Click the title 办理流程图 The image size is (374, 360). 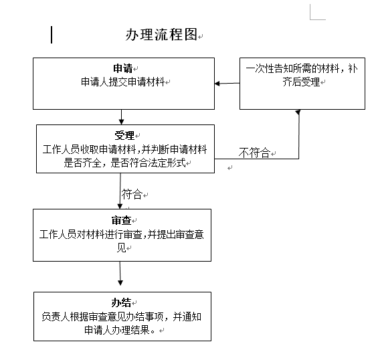click(x=161, y=35)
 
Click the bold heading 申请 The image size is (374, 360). click(x=123, y=68)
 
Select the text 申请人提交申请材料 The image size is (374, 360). click(x=123, y=82)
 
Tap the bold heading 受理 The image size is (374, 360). click(x=124, y=136)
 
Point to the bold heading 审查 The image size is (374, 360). click(x=121, y=220)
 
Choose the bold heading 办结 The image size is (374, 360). click(x=121, y=302)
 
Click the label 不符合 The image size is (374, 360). click(x=254, y=153)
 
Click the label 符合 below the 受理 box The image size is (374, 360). click(x=132, y=194)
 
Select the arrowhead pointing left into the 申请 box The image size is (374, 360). click(x=217, y=84)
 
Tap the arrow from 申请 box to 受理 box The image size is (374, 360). click(x=121, y=117)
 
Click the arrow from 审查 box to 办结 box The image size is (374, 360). click(x=120, y=273)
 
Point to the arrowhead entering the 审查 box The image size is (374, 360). click(x=120, y=206)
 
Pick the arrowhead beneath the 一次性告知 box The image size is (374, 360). click(x=298, y=112)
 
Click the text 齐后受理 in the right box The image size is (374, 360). click(x=301, y=82)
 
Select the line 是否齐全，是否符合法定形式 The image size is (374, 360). click(x=124, y=163)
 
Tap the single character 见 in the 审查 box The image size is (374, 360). click(x=121, y=248)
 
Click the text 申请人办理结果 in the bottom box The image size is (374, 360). click(x=117, y=330)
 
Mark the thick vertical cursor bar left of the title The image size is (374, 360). click(x=52, y=35)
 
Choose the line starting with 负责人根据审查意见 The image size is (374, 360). click(x=122, y=317)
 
